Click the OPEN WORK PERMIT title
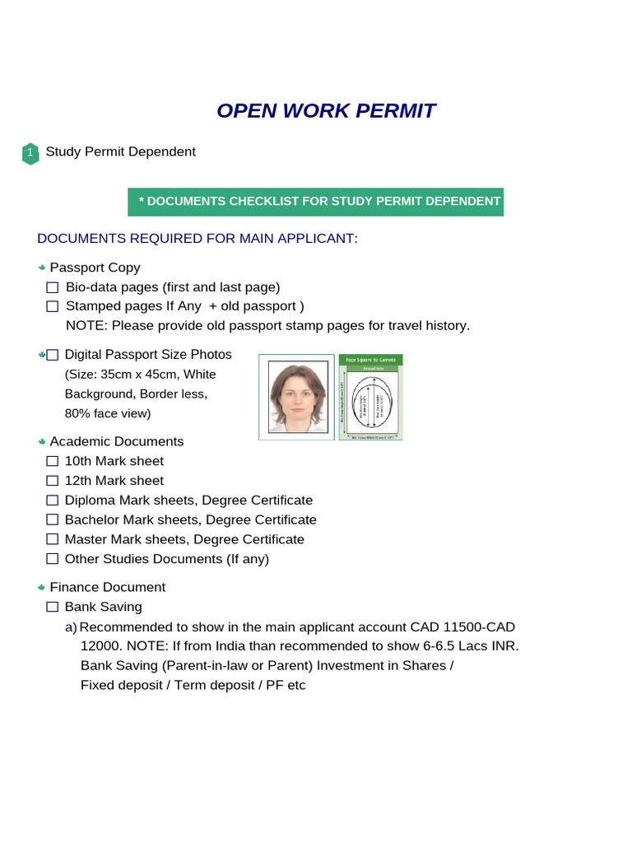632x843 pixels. click(326, 111)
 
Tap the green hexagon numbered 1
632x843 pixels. click(30, 153)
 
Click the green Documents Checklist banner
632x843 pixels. click(315, 202)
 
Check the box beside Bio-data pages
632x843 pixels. click(53, 287)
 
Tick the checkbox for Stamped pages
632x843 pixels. click(53, 306)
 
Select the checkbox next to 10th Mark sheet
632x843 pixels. click(53, 461)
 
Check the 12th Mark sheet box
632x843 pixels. click(53, 481)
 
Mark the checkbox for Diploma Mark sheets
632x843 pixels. click(53, 501)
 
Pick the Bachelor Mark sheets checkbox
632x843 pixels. click(53, 520)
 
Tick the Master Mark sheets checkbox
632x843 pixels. click(53, 539)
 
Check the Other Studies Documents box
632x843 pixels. click(53, 559)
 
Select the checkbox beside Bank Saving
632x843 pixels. click(53, 607)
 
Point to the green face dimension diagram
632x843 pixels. click(370, 397)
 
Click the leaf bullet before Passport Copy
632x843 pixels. click(41, 268)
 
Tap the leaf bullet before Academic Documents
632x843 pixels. click(41, 442)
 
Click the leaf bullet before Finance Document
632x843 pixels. click(41, 588)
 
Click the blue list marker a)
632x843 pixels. click(71, 627)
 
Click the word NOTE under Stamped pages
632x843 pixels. click(86, 326)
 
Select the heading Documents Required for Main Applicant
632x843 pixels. click(197, 239)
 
